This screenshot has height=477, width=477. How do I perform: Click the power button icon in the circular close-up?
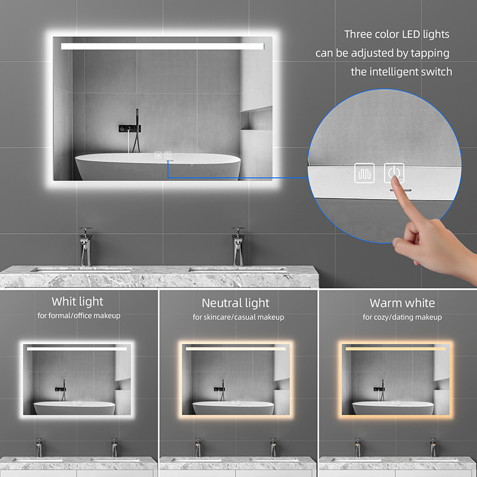pos(394,173)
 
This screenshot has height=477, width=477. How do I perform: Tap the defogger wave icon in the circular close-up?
pos(364,173)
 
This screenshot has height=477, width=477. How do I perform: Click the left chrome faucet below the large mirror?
pos(85,247)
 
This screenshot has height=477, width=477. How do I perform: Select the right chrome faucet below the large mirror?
pos(238,247)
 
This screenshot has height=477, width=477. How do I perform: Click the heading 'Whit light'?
pos(78,302)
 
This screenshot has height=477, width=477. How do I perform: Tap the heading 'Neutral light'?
pos(236,303)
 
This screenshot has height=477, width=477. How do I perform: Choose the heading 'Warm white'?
pos(402,303)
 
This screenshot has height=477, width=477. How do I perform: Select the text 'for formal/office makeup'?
pos(79,316)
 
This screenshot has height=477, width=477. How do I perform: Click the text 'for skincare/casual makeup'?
pos(238,317)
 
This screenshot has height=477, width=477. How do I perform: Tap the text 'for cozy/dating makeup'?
pos(402,317)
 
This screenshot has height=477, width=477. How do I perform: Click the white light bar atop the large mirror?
pos(162,47)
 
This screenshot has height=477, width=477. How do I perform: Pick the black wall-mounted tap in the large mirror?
pos(130,128)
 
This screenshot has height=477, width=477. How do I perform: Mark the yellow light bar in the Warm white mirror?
pos(395,349)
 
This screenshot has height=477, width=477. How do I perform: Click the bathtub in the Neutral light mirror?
pos(233,408)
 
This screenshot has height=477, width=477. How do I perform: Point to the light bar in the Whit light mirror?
pos(77,349)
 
